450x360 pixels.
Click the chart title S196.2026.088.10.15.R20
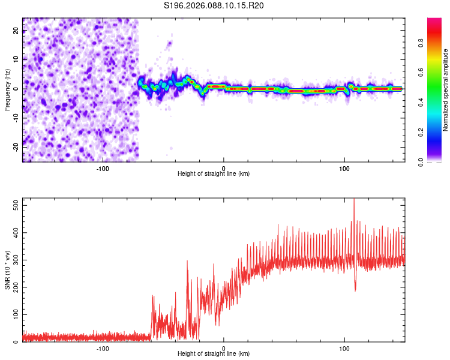click(214, 5)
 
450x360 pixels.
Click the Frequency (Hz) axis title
click(7, 90)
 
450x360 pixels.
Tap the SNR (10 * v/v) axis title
click(7, 270)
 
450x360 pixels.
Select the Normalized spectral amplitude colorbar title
click(446, 90)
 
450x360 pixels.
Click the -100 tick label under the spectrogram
click(103, 168)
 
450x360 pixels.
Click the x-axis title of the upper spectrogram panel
click(214, 174)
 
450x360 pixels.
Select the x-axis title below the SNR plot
click(214, 354)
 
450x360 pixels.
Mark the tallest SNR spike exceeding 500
click(354, 200)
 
